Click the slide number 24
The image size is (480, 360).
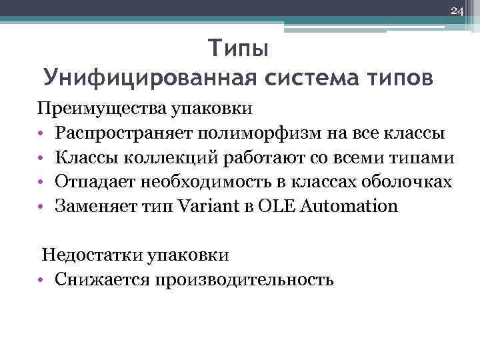tap(457, 11)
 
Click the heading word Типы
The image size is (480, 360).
tap(239, 49)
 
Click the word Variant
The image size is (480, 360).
tap(213, 205)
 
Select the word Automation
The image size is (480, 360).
tap(349, 205)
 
